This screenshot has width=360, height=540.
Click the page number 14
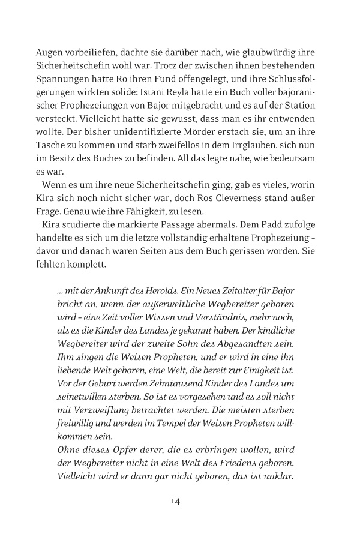176,501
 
